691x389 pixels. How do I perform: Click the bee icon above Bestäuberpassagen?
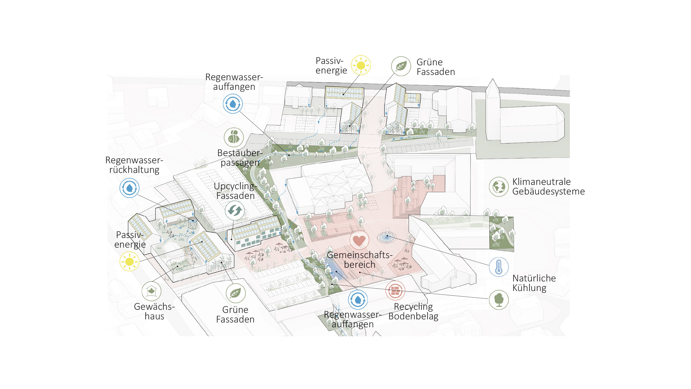[234, 137]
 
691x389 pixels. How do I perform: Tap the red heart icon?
[359, 240]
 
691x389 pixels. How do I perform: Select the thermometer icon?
[498, 267]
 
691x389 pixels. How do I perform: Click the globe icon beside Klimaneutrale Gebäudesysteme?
[498, 187]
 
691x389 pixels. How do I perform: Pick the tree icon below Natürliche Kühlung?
[498, 300]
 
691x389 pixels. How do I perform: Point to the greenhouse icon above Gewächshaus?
[151, 291]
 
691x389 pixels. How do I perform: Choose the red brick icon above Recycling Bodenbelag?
[395, 290]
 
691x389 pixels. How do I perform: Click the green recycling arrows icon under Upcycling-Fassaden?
[234, 211]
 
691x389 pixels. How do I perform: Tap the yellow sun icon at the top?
[361, 65]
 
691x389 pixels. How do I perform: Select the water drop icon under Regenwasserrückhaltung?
[129, 188]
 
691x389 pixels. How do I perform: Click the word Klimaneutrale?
[541, 182]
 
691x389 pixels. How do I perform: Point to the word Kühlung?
[529, 288]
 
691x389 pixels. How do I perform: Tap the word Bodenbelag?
[413, 316]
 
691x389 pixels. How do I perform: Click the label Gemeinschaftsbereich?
[359, 260]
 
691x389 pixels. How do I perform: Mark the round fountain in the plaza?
[387, 237]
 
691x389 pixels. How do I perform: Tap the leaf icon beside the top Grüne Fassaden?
[401, 66]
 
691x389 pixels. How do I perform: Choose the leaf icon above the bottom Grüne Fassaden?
[235, 293]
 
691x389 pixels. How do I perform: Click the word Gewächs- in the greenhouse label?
[154, 307]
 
